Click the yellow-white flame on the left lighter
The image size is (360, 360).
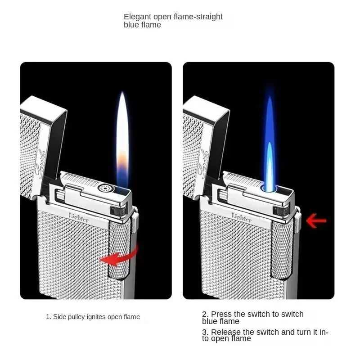[122, 135]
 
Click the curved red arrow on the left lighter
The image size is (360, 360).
[118, 256]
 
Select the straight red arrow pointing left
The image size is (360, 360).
[316, 220]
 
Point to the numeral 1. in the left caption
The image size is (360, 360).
[48, 317]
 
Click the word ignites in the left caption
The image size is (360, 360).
[101, 317]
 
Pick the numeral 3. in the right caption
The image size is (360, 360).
[205, 332]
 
